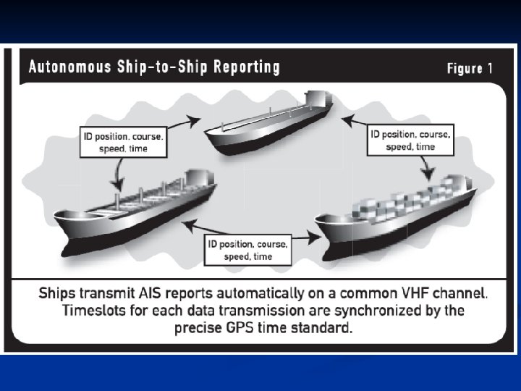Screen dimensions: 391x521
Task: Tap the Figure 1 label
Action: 470,69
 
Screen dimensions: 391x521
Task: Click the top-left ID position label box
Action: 123,141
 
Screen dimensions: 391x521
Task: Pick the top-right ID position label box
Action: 410,140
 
